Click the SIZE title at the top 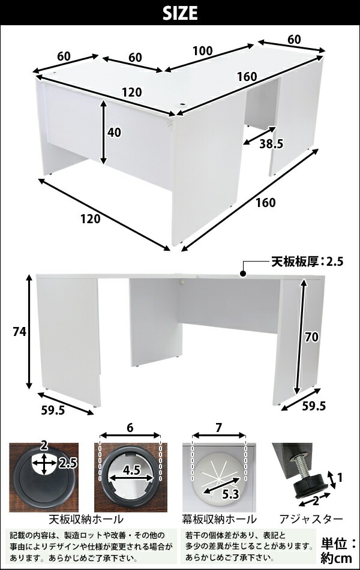coord(180,14)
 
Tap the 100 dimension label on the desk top coord(202,51)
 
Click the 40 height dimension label coord(114,133)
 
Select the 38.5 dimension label coord(271,145)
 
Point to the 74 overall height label coord(19,332)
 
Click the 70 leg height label coord(311,337)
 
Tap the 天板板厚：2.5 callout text coord(307,262)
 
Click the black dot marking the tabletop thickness coord(243,274)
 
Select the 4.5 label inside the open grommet coord(131,471)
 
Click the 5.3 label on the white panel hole coord(230,494)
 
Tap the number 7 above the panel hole coord(218,428)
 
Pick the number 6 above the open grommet coord(130,428)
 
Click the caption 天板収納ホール coord(86,518)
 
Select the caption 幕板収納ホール coord(219,519)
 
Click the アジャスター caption coord(311,519)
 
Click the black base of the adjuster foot coord(311,487)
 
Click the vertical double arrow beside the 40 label coord(104,133)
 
